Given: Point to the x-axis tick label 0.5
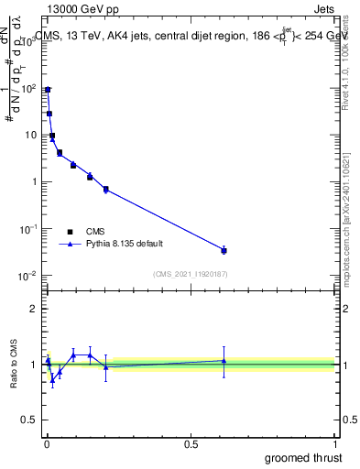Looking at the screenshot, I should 191,443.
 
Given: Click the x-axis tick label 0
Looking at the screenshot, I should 47,443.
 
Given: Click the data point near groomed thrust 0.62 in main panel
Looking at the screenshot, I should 224,250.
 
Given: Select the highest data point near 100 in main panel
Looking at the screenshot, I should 48,90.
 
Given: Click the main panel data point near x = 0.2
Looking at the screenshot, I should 105,190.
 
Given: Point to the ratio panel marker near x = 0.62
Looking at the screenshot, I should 224,361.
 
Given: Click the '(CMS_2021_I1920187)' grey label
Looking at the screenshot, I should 190,274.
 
